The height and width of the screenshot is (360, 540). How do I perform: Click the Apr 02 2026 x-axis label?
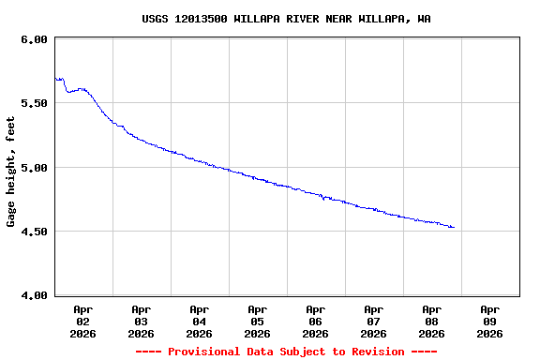[x=83, y=321]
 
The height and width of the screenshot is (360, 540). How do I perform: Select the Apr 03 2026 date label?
[x=142, y=321]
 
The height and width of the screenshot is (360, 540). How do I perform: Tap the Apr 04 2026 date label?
[x=200, y=321]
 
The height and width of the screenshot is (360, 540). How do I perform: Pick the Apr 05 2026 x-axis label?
[x=258, y=321]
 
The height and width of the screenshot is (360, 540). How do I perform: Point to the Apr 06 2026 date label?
[x=316, y=321]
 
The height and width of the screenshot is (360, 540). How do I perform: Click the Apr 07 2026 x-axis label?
[x=374, y=321]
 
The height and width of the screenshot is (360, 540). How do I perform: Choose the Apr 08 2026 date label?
[x=432, y=321]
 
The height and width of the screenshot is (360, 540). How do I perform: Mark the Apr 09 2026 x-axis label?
[x=490, y=321]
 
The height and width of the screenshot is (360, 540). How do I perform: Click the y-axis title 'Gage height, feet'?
[x=11, y=172]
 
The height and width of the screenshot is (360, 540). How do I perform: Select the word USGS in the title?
[x=156, y=19]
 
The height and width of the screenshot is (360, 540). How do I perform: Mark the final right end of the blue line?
[x=454, y=227]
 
